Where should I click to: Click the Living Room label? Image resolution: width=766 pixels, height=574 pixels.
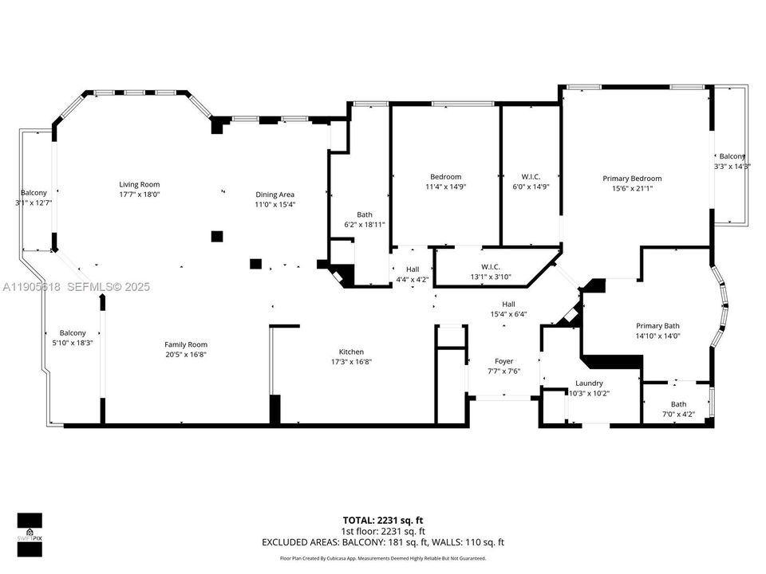point(140,184)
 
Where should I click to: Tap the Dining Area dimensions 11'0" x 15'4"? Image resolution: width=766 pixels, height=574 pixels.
point(274,205)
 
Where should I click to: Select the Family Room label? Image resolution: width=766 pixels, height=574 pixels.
point(186,344)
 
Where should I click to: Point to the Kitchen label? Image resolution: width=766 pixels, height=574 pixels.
point(351,352)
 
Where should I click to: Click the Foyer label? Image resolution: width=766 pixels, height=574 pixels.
point(503,361)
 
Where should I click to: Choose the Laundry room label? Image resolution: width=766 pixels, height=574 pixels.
point(589,383)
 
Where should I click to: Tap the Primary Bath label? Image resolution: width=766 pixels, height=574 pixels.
point(657,325)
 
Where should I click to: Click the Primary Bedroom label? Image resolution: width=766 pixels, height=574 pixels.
point(631,179)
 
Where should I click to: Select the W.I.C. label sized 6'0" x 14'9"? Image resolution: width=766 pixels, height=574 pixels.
point(531,176)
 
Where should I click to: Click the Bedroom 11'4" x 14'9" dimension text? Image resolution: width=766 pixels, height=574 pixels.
point(445,187)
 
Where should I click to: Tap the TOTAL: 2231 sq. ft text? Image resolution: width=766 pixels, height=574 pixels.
point(383,519)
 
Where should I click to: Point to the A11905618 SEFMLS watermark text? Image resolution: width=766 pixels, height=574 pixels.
point(76,287)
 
